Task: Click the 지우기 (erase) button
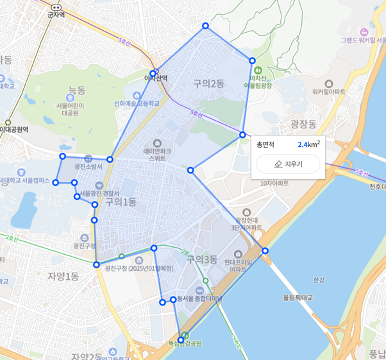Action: [288, 164]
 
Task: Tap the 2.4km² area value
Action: [308, 144]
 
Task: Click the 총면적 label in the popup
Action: [265, 144]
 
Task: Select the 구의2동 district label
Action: [208, 83]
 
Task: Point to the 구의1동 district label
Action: [121, 201]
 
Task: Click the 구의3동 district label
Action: [202, 259]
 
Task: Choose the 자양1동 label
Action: [63, 276]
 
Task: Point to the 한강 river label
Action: [319, 280]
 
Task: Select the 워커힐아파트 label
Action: [328, 92]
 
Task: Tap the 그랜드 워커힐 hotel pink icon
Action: [364, 31]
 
